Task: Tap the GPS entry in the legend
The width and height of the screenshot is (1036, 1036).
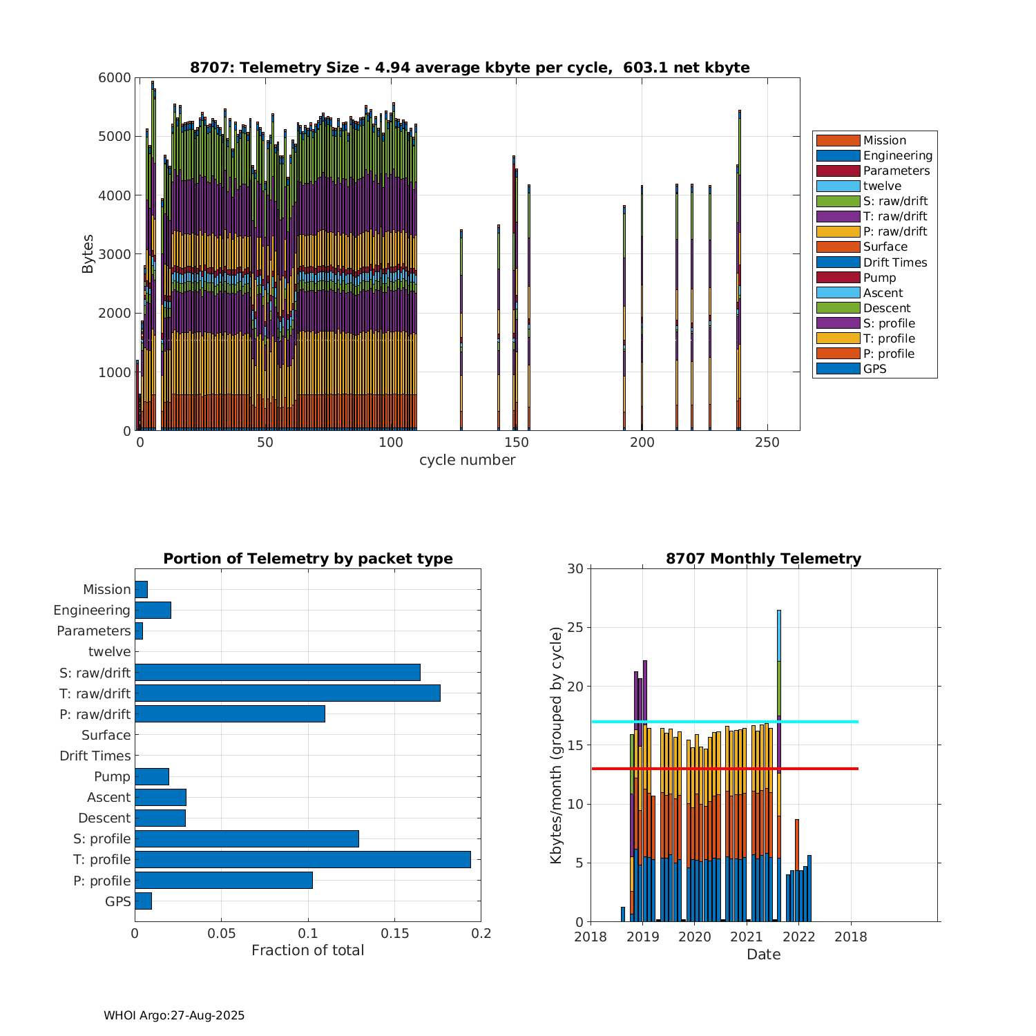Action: (874, 369)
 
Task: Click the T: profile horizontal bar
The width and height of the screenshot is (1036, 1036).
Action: (303, 859)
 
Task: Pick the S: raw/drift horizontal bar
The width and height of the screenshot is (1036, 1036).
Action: (278, 672)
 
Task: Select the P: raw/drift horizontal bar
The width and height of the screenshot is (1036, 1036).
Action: (230, 714)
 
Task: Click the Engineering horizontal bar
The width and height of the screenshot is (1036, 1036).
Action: (153, 610)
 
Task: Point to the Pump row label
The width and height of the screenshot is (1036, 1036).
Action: (112, 776)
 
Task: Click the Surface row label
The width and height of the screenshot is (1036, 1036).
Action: (106, 735)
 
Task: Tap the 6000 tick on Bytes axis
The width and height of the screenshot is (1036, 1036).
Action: (115, 78)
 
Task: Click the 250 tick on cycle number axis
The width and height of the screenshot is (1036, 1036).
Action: (767, 442)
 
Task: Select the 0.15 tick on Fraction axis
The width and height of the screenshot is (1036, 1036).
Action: (394, 934)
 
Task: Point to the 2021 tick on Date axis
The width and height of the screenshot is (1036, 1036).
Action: (747, 937)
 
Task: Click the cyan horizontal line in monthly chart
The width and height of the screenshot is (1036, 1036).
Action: (725, 722)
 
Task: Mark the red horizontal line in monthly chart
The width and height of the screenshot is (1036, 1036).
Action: (725, 768)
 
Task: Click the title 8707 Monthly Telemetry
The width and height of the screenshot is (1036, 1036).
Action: (763, 559)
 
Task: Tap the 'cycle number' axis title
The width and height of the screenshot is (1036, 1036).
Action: (467, 460)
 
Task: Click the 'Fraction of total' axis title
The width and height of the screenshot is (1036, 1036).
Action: (307, 950)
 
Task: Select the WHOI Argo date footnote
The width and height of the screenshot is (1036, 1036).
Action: (174, 1015)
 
